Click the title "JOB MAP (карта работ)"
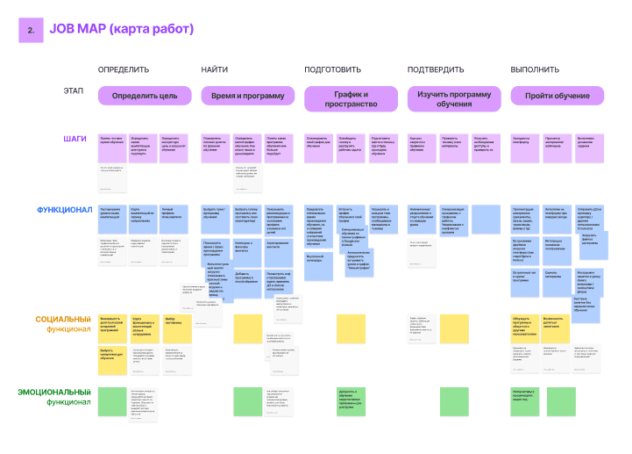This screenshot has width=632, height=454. (x=122, y=30)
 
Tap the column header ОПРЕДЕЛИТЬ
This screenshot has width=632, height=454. (x=124, y=69)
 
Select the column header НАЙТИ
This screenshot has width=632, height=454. (x=214, y=69)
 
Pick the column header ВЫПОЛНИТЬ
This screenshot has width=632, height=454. (x=535, y=69)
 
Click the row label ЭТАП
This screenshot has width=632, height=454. (x=74, y=90)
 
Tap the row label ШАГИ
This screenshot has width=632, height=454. (x=75, y=138)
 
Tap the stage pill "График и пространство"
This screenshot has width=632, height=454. (x=351, y=98)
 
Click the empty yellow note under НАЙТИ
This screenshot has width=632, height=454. (x=247, y=328)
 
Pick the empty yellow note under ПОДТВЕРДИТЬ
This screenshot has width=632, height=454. (x=454, y=328)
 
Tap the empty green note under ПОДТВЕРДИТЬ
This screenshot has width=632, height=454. (x=454, y=400)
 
